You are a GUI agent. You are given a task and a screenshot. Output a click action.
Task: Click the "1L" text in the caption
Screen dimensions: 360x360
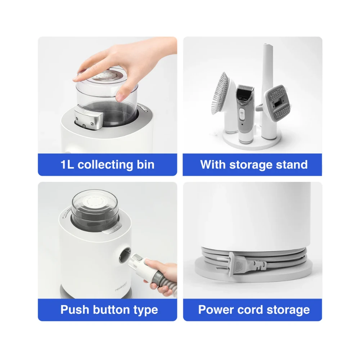coord(67,165)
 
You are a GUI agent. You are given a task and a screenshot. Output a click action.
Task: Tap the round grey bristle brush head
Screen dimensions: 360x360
coord(220,93)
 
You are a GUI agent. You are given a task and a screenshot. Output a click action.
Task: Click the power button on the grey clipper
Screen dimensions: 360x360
coord(242,114)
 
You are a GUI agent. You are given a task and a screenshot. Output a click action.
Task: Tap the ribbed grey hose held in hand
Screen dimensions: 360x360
coord(165,280)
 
